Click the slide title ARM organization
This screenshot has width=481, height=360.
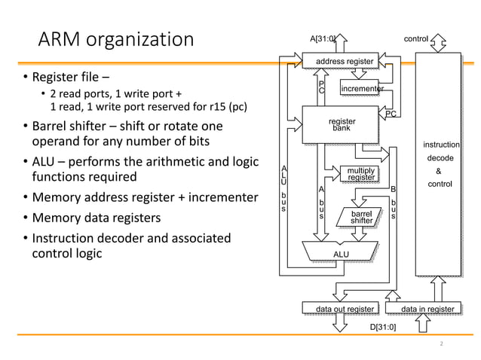[x=116, y=38]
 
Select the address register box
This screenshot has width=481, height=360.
[x=344, y=61]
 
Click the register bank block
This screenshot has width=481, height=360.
[x=342, y=124]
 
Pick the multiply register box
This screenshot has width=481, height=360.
[x=360, y=174]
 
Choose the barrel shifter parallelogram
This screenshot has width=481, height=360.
[x=361, y=217]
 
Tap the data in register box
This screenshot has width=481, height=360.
[x=427, y=309]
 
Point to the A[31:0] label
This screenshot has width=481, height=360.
[x=323, y=37]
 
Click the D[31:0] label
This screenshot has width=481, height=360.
[x=383, y=328]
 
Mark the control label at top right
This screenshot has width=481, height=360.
[x=417, y=37]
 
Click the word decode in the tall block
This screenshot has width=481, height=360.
[x=440, y=158]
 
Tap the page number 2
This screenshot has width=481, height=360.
[x=441, y=344]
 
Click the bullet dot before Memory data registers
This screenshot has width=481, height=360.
[x=24, y=218]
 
